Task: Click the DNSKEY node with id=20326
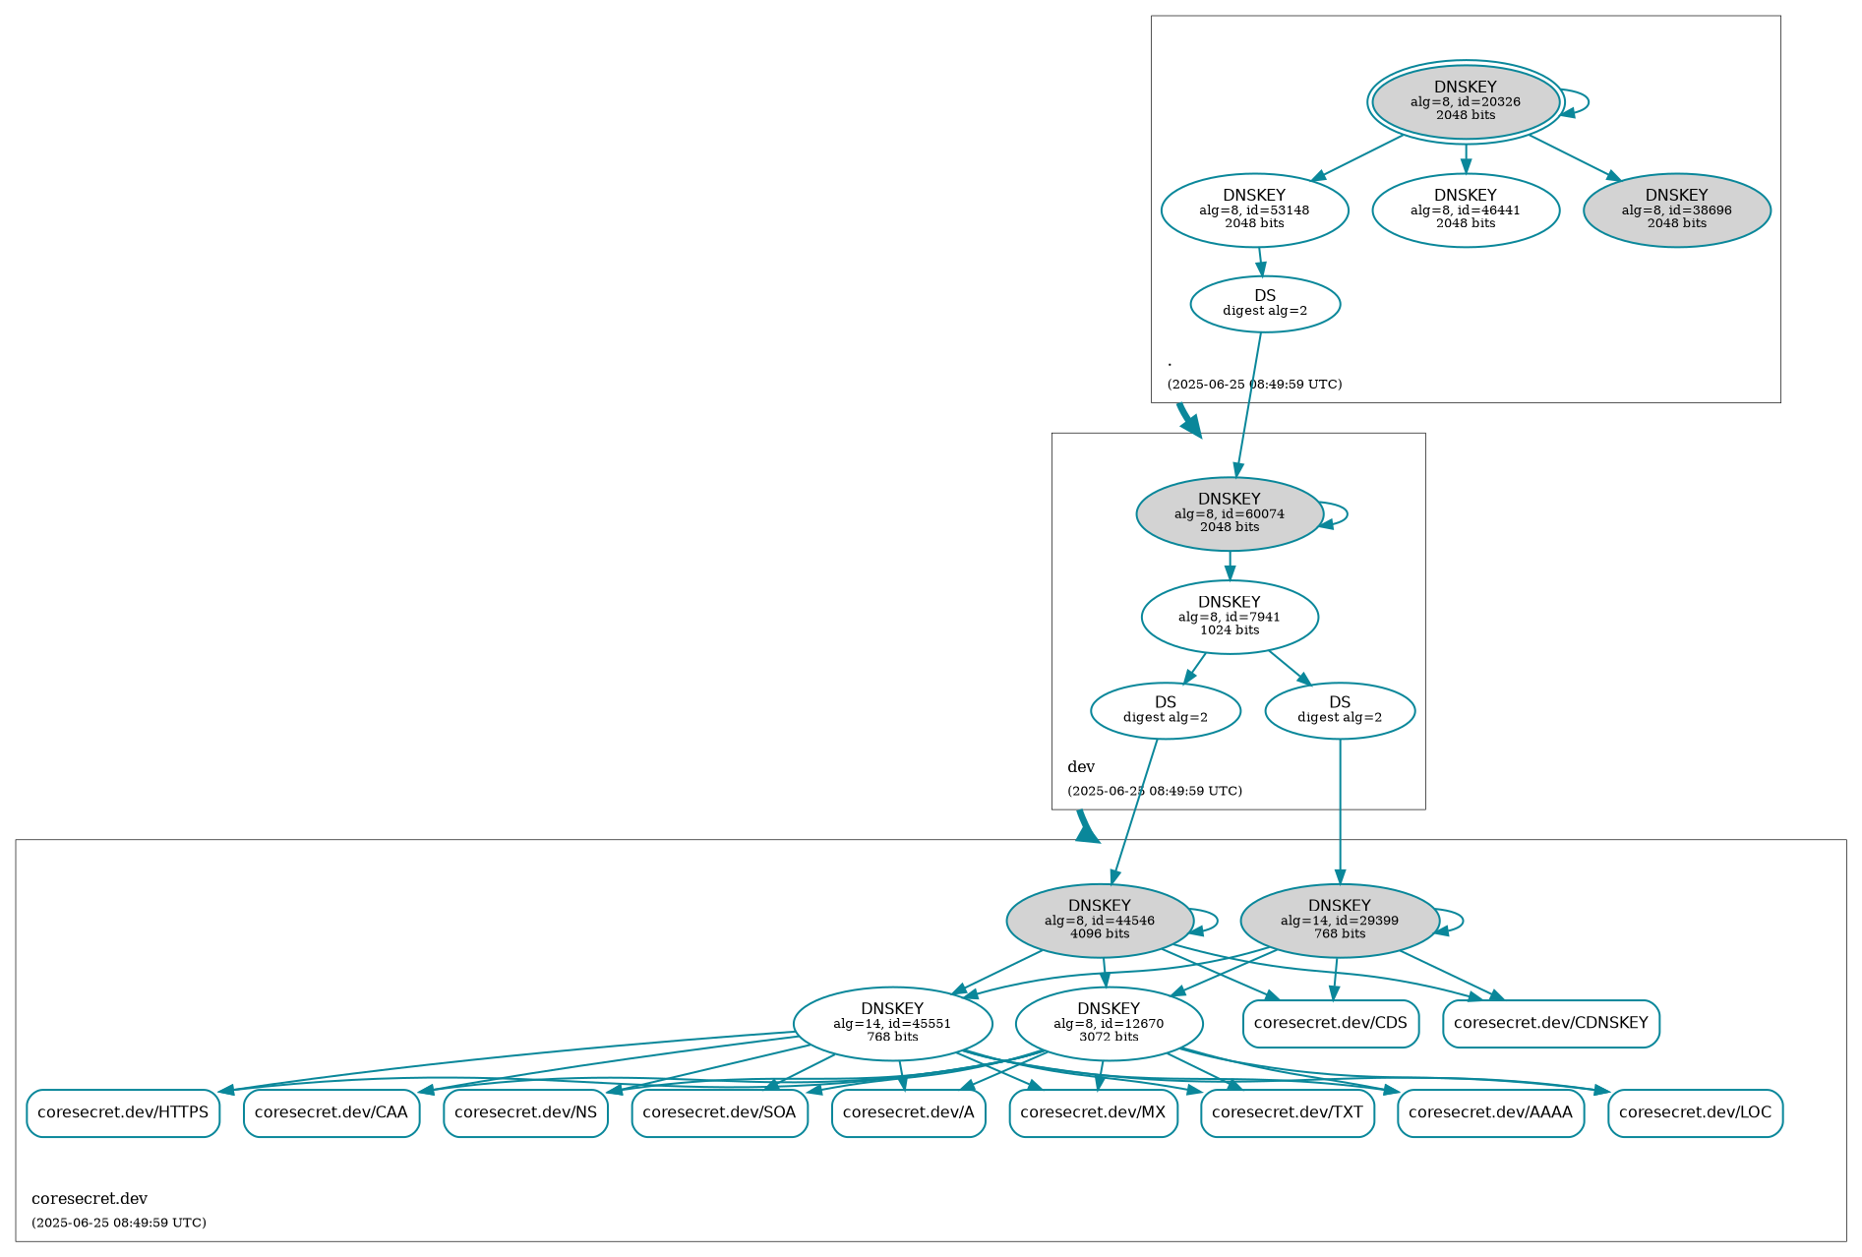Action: point(1465,101)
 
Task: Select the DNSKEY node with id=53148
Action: point(1254,209)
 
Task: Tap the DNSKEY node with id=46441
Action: point(1465,209)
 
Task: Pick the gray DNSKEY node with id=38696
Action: point(1676,209)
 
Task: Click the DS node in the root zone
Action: point(1264,304)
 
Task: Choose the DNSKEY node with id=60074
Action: point(1229,513)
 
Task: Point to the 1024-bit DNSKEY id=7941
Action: point(1229,617)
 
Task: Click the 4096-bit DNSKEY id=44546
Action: point(1099,921)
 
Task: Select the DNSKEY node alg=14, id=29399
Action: point(1339,921)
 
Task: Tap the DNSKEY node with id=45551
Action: point(892,1023)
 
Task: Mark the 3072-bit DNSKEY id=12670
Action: point(1109,1023)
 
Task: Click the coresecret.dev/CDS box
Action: point(1330,1023)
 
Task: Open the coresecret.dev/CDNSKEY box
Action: point(1550,1023)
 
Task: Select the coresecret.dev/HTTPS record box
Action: point(123,1112)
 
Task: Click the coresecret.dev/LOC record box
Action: point(1695,1112)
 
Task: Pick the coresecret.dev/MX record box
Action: point(1093,1112)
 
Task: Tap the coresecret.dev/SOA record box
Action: point(719,1112)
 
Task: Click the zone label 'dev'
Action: point(1081,767)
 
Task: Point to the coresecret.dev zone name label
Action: point(90,1199)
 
